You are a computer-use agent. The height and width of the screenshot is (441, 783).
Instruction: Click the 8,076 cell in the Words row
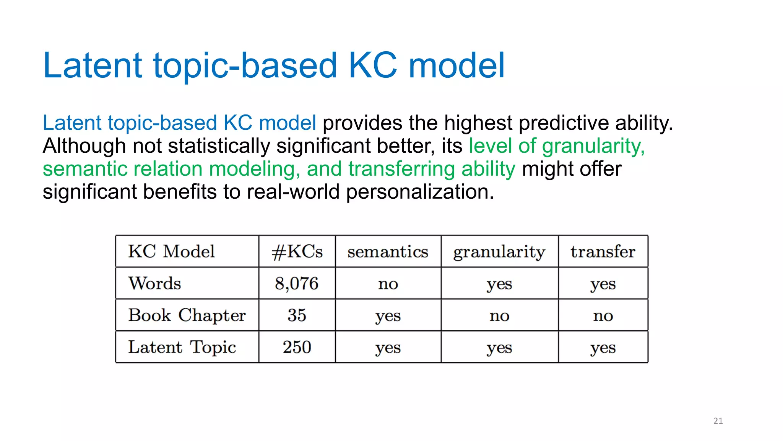coord(297,284)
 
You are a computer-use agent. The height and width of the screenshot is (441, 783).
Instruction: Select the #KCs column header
coord(297,252)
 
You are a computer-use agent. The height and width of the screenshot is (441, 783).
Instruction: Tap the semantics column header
coord(388,252)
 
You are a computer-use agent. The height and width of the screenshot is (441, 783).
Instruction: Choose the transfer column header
coord(603,252)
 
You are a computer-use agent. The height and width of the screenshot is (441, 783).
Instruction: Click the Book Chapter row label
coord(187,315)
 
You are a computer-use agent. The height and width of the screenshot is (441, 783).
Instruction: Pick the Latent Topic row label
coord(182,348)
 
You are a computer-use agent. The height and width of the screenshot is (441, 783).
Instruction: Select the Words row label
coord(154,284)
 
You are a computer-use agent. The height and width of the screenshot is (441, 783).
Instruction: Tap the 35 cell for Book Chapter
coord(297,315)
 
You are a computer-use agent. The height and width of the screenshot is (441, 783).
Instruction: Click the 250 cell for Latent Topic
coord(297,348)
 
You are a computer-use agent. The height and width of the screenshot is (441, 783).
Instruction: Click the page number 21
coord(718,421)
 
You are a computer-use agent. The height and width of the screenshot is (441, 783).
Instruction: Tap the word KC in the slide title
coord(373,65)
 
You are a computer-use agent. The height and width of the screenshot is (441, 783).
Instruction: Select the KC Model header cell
coord(171,252)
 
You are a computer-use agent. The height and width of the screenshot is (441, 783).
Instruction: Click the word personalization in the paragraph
coord(420,192)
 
